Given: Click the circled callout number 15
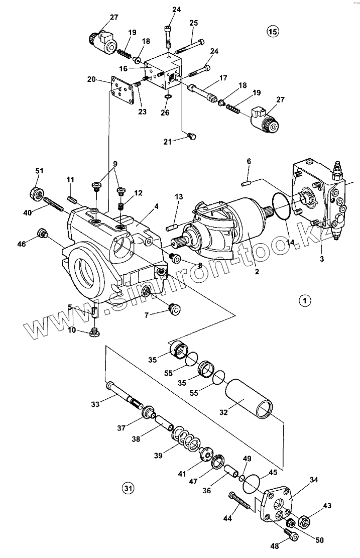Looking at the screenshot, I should [272, 32].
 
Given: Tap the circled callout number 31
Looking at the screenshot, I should [128, 487].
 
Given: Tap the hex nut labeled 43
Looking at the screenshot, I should [303, 521].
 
